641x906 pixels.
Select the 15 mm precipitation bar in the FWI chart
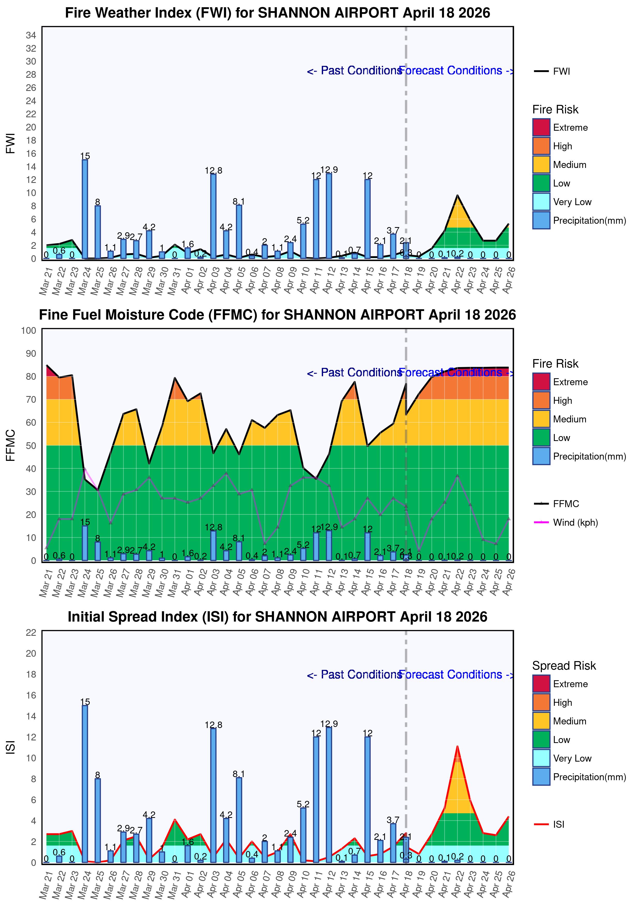(85, 209)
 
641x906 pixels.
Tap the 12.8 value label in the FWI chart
(213, 171)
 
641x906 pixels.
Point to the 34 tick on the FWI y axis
(31, 35)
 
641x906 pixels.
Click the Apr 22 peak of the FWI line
(457, 195)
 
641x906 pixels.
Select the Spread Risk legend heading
(564, 666)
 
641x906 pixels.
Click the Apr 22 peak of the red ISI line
(457, 746)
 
